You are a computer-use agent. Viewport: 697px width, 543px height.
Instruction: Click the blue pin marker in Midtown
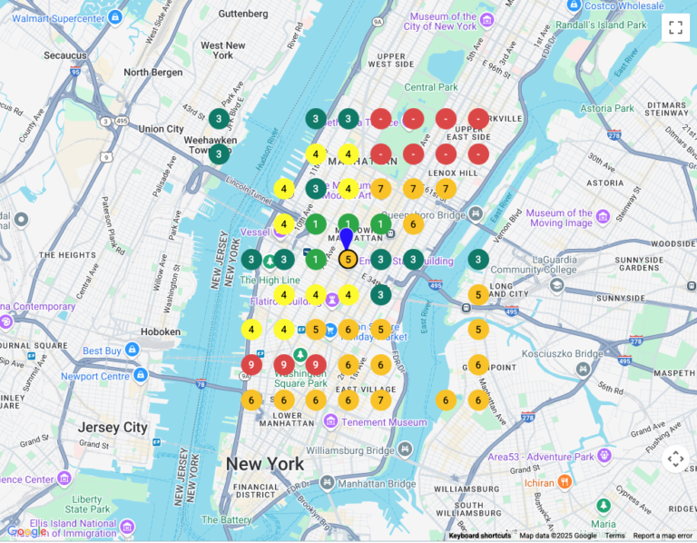[x=346, y=240]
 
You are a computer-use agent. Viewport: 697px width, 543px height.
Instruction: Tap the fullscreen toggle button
[x=675, y=27]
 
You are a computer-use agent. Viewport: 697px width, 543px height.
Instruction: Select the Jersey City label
[x=113, y=428]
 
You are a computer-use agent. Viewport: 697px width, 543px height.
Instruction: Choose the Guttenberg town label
[x=243, y=14]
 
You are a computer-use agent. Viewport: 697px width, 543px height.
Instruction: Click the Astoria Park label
[x=607, y=108]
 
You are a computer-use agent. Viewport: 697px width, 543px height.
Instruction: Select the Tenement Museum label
[x=384, y=422]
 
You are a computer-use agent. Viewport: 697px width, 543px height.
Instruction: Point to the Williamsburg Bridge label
[x=349, y=450]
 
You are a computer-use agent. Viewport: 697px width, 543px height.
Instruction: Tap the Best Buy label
[x=102, y=350]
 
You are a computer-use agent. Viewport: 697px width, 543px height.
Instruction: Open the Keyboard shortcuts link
[x=479, y=536]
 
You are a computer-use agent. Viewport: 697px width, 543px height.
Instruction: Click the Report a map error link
[x=662, y=536]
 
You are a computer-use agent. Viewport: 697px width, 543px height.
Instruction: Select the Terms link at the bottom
[x=614, y=536]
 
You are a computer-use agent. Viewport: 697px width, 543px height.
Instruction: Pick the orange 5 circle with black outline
[x=348, y=260]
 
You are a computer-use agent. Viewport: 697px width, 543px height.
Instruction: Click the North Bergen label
[x=153, y=72]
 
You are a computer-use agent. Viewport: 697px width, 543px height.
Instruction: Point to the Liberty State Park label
[x=87, y=505]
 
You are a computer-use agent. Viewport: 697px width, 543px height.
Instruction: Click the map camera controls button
[x=675, y=459]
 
